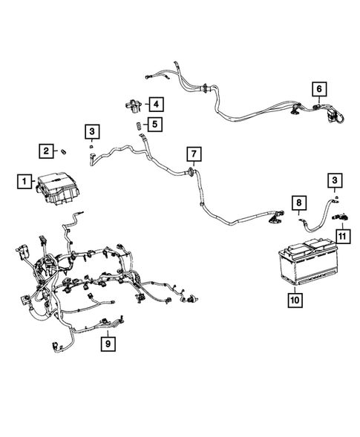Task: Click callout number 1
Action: (24, 180)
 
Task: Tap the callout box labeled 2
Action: (46, 151)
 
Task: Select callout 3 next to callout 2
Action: (91, 133)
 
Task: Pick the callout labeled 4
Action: (156, 103)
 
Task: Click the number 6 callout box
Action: (319, 90)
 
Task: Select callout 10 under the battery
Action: (295, 300)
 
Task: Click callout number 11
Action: (342, 235)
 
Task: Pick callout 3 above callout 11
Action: (335, 180)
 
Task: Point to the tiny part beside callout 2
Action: (64, 152)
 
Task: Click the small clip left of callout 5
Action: (138, 127)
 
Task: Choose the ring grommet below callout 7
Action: (192, 172)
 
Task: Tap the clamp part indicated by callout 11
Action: (341, 217)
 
